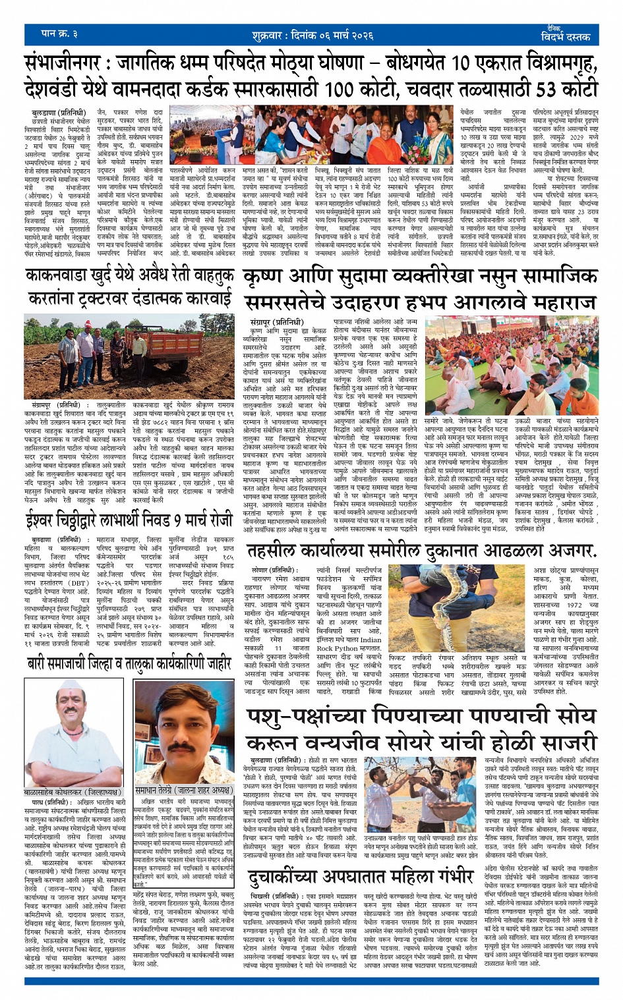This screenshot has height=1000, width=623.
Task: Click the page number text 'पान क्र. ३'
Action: (x=59, y=33)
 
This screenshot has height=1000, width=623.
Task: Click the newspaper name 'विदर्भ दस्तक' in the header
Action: (x=565, y=36)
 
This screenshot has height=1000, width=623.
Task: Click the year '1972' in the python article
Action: (x=574, y=604)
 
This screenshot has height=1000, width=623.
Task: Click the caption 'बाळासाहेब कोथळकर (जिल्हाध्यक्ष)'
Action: (x=73, y=791)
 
